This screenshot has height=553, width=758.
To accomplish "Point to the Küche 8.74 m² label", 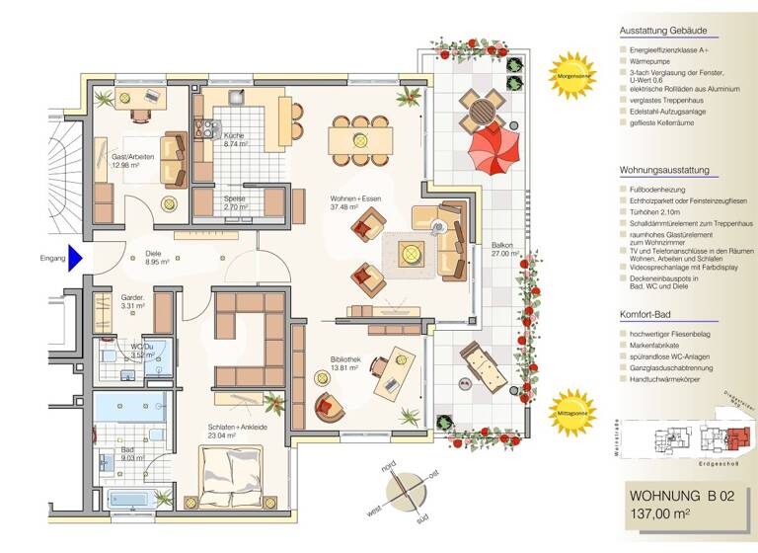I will [x=236, y=139].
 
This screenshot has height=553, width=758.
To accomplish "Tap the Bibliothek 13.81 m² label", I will [x=347, y=362].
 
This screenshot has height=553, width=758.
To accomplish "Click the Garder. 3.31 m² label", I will [x=133, y=301].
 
